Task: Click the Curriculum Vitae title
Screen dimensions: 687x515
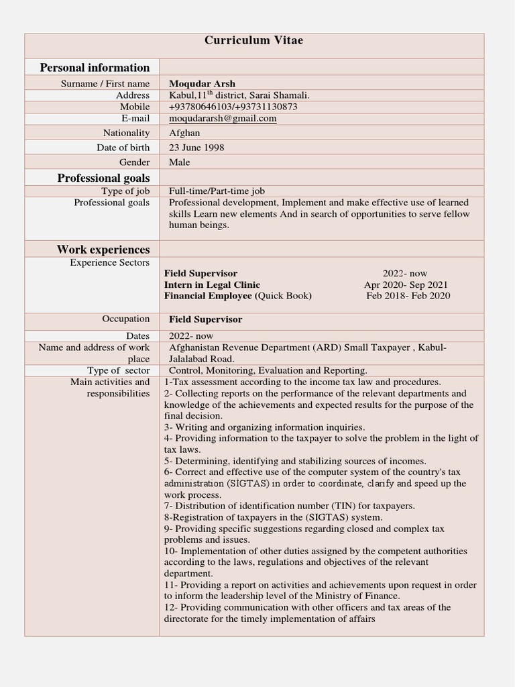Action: point(253,41)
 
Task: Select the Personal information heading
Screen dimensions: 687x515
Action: point(95,67)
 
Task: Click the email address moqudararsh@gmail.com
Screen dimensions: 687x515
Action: point(223,119)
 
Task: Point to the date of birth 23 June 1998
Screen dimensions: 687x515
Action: point(196,148)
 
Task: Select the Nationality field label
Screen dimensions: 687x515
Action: point(126,133)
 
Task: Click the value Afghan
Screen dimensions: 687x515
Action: point(184,133)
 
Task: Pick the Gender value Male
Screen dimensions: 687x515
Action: point(180,162)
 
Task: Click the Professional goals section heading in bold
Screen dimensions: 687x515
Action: point(103,178)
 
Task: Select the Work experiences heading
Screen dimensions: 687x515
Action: point(103,250)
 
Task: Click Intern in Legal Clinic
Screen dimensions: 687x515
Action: point(212,285)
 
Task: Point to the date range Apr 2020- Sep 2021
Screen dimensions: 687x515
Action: point(406,285)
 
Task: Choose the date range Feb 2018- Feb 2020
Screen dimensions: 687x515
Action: point(408,296)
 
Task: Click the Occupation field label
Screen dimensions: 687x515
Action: point(126,319)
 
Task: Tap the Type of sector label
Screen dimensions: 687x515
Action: point(118,370)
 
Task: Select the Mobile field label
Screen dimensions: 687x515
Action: point(135,107)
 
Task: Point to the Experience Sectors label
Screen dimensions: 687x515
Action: point(109,263)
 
